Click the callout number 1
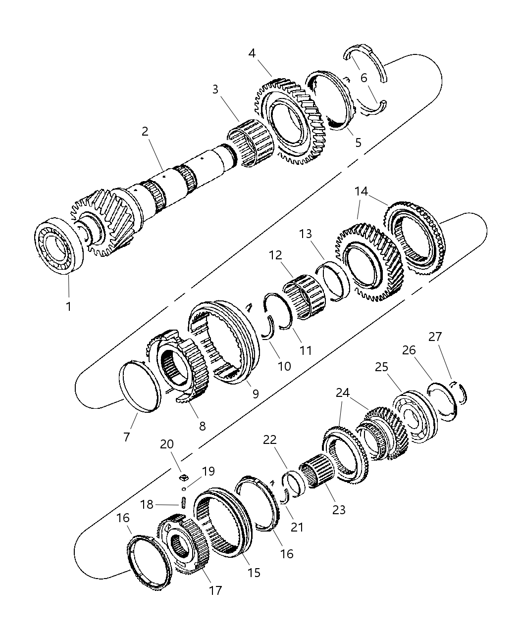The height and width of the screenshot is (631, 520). [x=68, y=306]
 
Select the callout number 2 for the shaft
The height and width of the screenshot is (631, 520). [x=145, y=132]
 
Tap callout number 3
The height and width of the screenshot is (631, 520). [x=215, y=90]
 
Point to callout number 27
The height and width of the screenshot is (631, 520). [x=435, y=337]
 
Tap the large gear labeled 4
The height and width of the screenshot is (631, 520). [x=290, y=121]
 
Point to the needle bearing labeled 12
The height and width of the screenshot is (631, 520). [x=303, y=297]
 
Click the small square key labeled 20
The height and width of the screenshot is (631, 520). [x=184, y=477]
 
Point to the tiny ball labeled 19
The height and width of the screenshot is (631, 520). [x=183, y=488]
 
